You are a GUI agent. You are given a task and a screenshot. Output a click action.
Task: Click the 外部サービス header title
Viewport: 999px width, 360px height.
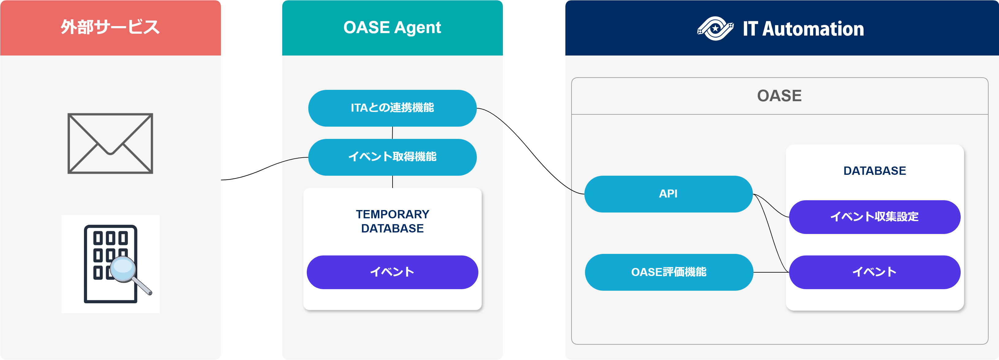110,28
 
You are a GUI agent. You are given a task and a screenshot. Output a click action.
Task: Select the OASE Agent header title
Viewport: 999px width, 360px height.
392,28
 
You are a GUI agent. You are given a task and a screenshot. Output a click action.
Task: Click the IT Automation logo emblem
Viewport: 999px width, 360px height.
715,28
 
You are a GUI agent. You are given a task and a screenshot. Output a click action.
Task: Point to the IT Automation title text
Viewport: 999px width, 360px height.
803,29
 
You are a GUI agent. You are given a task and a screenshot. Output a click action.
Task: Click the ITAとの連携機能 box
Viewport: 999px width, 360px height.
392,108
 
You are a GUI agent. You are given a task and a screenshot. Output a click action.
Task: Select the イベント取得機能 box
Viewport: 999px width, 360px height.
392,157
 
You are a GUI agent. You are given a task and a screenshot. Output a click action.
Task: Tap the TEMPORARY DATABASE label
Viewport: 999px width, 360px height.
393,221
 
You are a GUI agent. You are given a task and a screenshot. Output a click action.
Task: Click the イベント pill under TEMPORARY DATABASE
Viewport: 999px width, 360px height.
392,272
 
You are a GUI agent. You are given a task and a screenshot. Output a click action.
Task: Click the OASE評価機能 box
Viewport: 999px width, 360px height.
669,272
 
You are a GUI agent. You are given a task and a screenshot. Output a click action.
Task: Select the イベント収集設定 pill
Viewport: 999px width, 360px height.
875,217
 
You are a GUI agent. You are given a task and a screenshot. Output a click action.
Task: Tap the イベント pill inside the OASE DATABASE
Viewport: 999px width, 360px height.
875,272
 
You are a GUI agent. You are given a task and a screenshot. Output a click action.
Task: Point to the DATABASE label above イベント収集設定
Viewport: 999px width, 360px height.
875,171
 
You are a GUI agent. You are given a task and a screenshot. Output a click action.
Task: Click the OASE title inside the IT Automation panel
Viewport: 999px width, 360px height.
779,96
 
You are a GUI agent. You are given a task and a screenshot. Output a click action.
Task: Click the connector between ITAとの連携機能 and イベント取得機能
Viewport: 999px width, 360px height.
393,133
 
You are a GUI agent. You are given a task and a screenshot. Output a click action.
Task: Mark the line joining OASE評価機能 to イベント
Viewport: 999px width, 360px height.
771,272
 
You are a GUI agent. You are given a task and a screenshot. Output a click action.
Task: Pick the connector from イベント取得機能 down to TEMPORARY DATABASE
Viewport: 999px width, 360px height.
393,182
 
